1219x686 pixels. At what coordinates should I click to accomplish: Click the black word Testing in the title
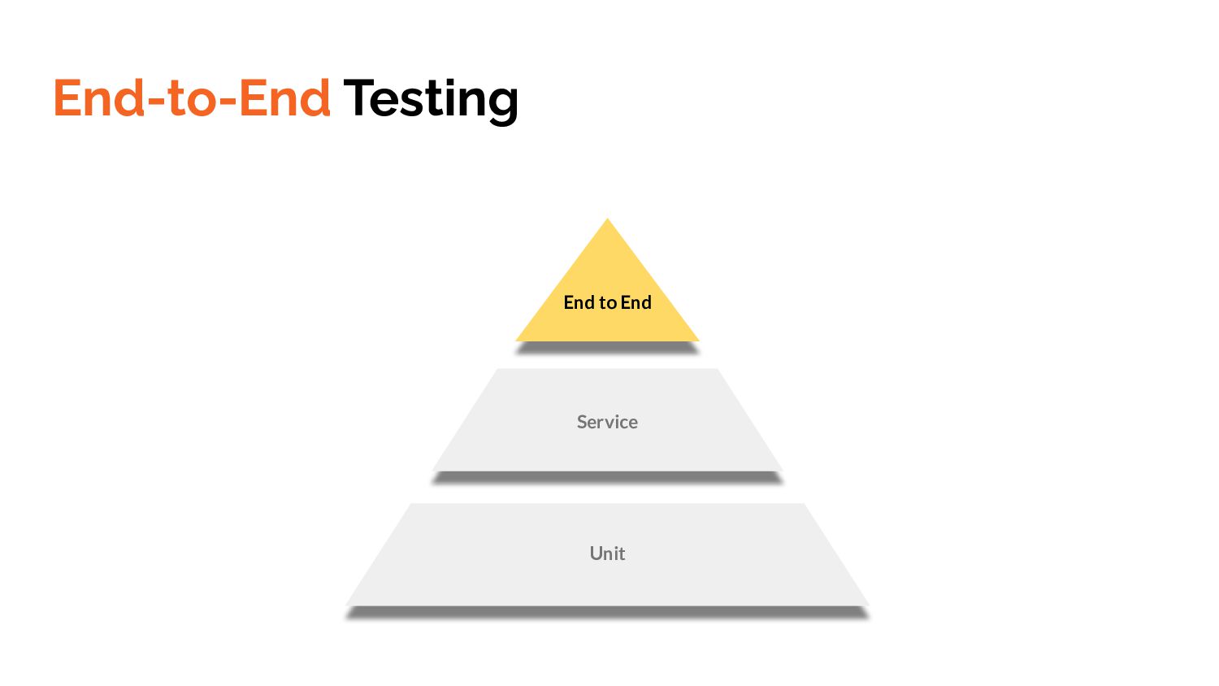431,99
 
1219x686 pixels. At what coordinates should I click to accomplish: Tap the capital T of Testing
358,98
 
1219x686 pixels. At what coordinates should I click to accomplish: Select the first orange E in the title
68,98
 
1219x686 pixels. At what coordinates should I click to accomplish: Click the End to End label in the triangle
607,302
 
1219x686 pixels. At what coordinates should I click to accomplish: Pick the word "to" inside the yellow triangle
608,303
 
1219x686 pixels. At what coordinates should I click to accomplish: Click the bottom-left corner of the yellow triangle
518,340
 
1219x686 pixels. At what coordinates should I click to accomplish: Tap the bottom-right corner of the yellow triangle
697,340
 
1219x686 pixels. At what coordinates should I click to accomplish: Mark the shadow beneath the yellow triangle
607,348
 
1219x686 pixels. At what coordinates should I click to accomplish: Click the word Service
607,422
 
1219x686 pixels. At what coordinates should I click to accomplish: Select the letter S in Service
582,422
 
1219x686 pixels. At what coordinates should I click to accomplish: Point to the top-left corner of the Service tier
497,370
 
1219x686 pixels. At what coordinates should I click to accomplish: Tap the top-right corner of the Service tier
717,370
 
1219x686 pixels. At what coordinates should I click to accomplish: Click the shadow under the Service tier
607,478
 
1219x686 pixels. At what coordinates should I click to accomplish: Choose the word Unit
607,554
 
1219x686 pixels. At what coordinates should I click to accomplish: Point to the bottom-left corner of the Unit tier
348,604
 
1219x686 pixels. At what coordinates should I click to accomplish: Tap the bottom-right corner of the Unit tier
867,604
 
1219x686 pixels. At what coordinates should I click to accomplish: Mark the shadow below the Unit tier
607,613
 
